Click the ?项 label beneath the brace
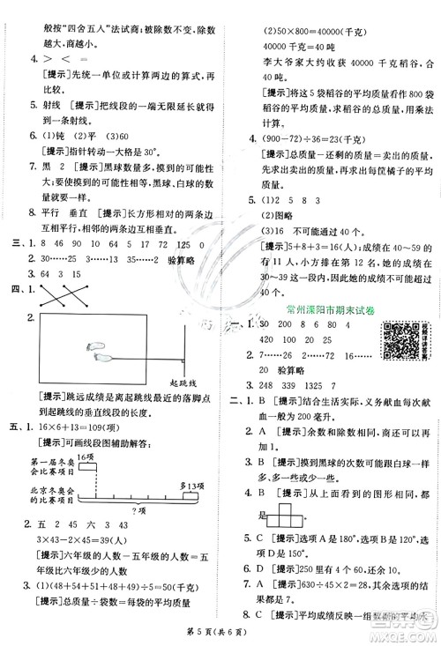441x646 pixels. point(138,513)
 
